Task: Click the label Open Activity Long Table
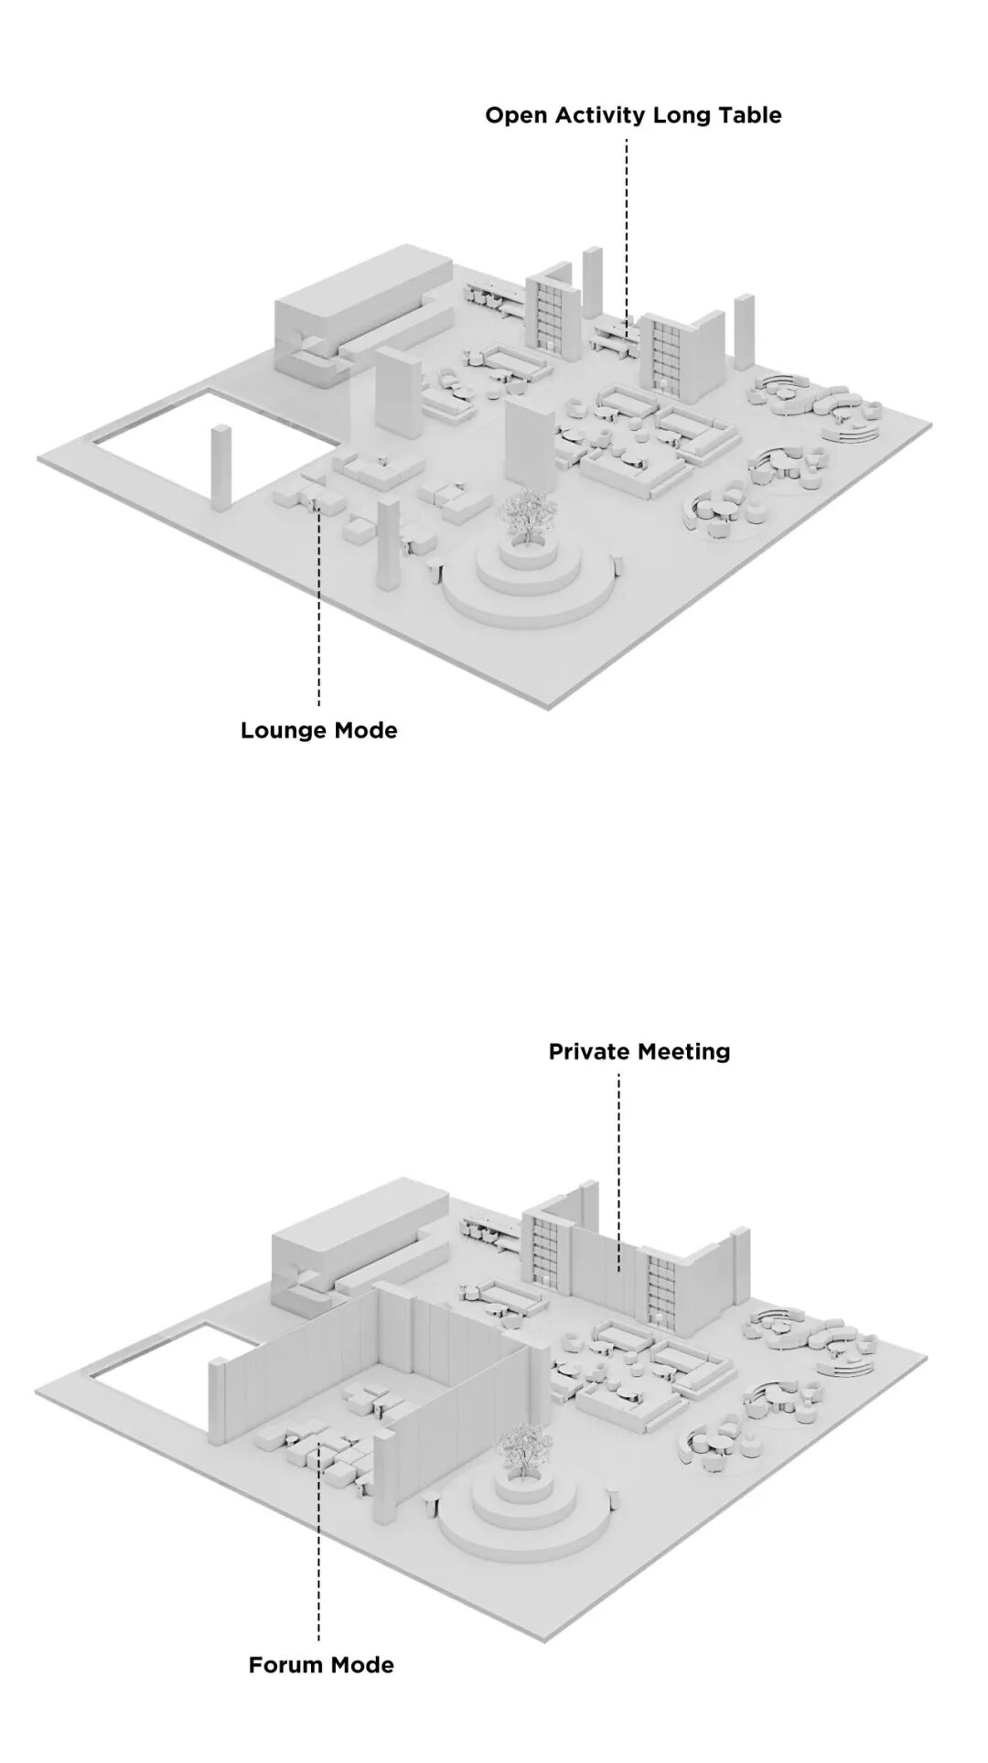(633, 115)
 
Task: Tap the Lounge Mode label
(319, 730)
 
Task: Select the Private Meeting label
(639, 1052)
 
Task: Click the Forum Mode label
(321, 1664)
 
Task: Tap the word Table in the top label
(752, 115)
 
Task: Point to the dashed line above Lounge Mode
(319, 604)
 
